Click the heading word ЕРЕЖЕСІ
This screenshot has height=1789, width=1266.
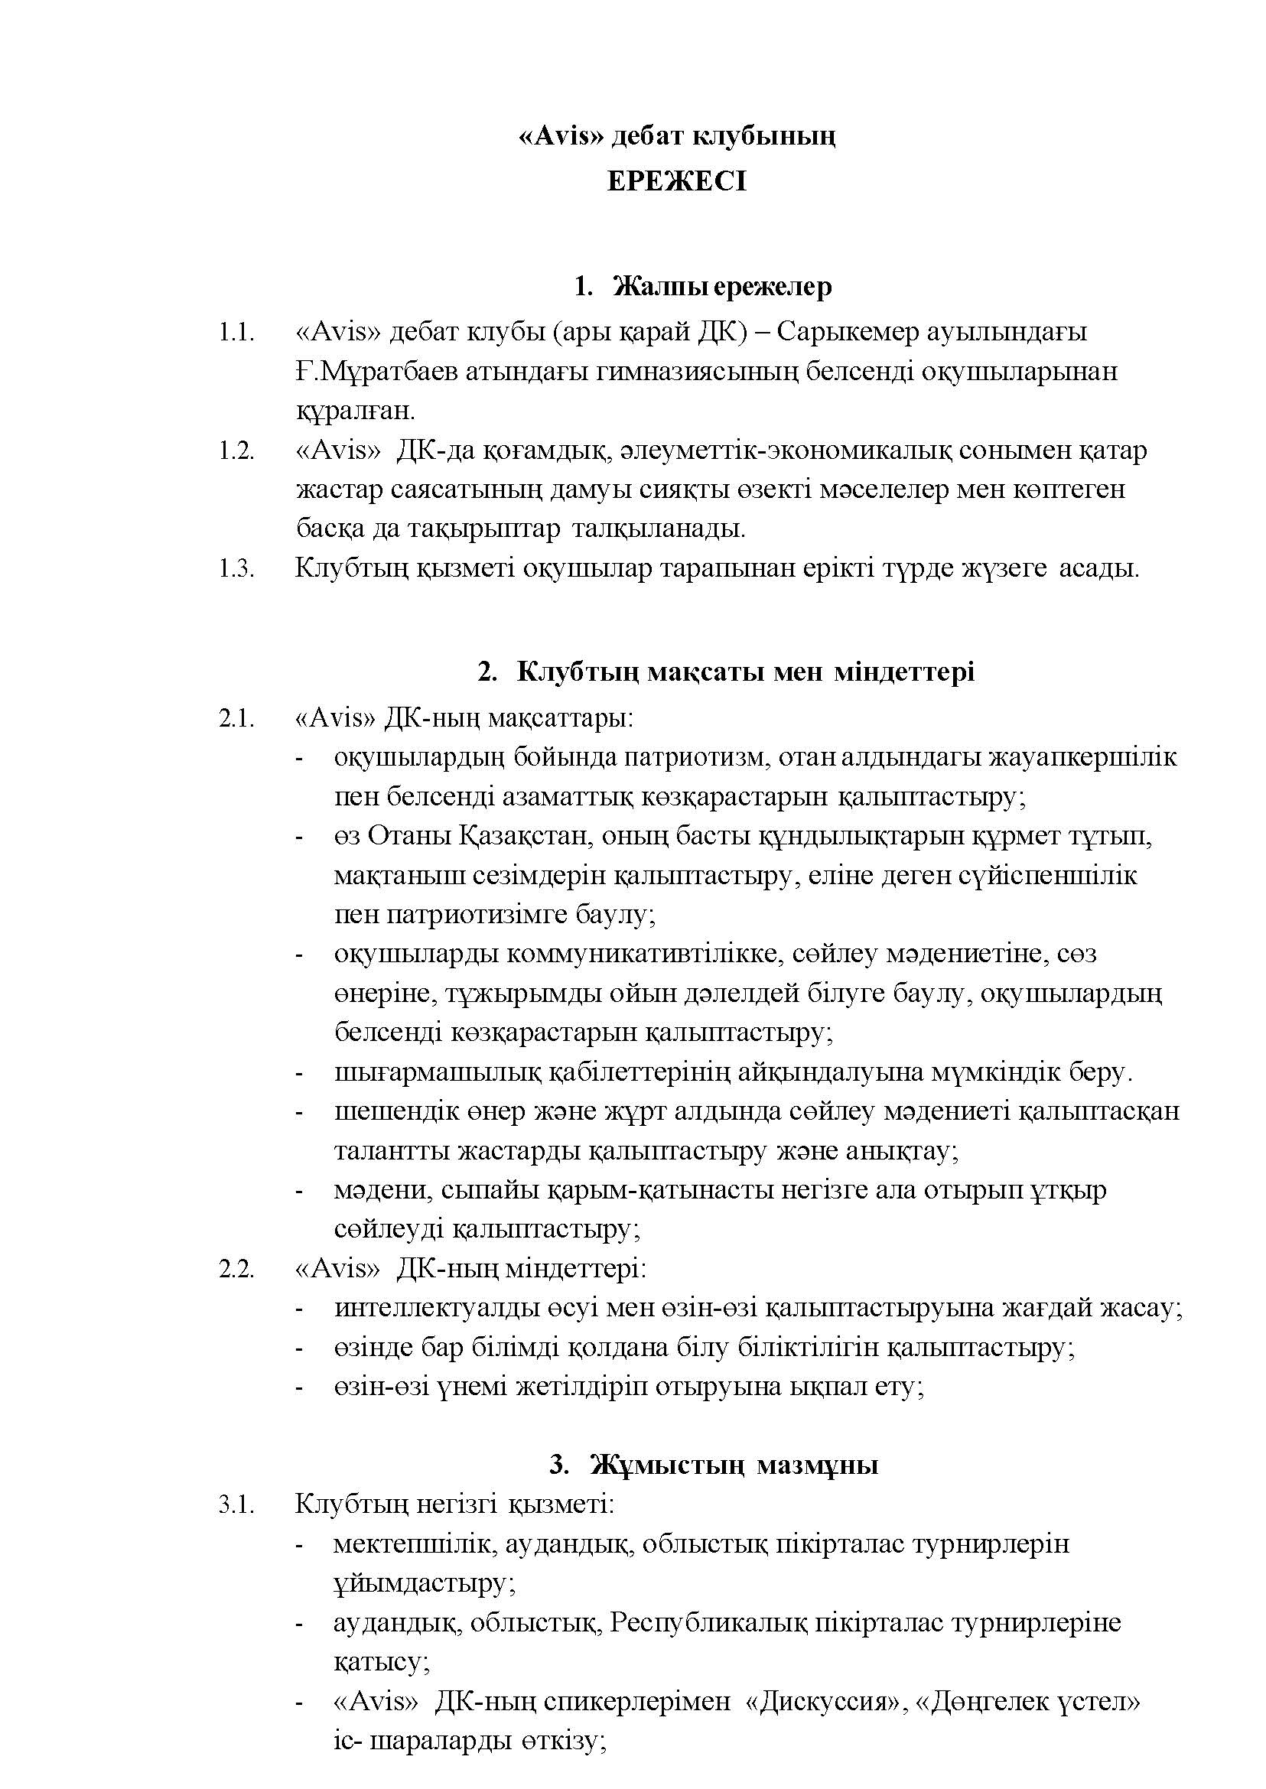coord(677,181)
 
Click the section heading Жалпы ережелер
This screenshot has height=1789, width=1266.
coord(723,287)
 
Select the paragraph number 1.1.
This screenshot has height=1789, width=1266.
coord(236,333)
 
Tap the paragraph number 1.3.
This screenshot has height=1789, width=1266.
coord(236,568)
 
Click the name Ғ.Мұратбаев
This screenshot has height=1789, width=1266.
coord(375,371)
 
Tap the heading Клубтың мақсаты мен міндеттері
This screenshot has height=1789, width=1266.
coord(744,672)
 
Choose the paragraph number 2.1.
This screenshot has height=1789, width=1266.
coord(236,717)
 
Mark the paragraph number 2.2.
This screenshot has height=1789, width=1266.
coord(236,1269)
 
